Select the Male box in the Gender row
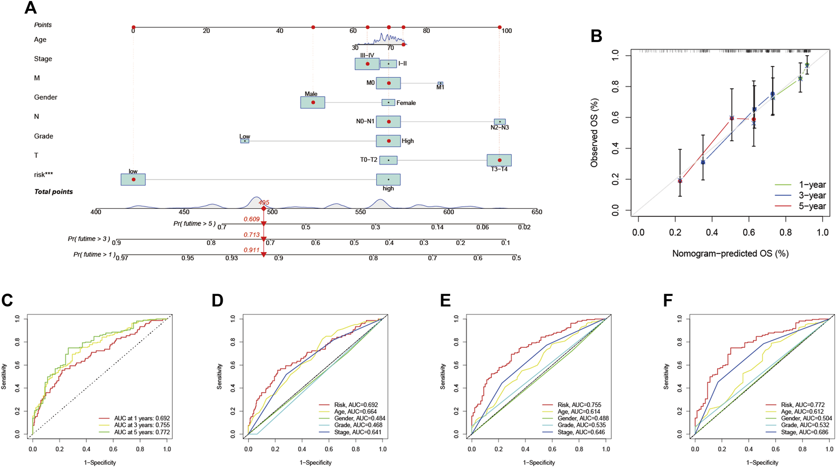click(313, 102)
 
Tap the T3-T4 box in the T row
click(499, 160)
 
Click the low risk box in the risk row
click(133, 180)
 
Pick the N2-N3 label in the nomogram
click(499, 128)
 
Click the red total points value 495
click(264, 203)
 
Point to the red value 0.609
click(251, 219)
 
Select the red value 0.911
click(251, 250)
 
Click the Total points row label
click(53, 192)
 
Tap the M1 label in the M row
click(440, 87)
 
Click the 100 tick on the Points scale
click(506, 31)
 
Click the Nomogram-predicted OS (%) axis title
click(730, 254)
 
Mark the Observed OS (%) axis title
click(594, 133)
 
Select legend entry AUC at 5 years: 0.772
click(142, 432)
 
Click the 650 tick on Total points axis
click(536, 213)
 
